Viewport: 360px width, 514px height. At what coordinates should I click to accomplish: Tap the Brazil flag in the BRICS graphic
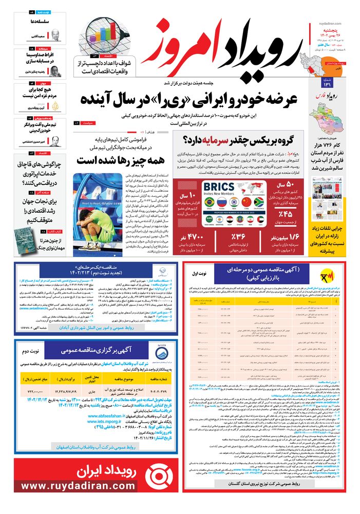click(x=209, y=203)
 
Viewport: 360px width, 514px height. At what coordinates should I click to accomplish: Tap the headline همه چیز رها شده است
click(x=121, y=160)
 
